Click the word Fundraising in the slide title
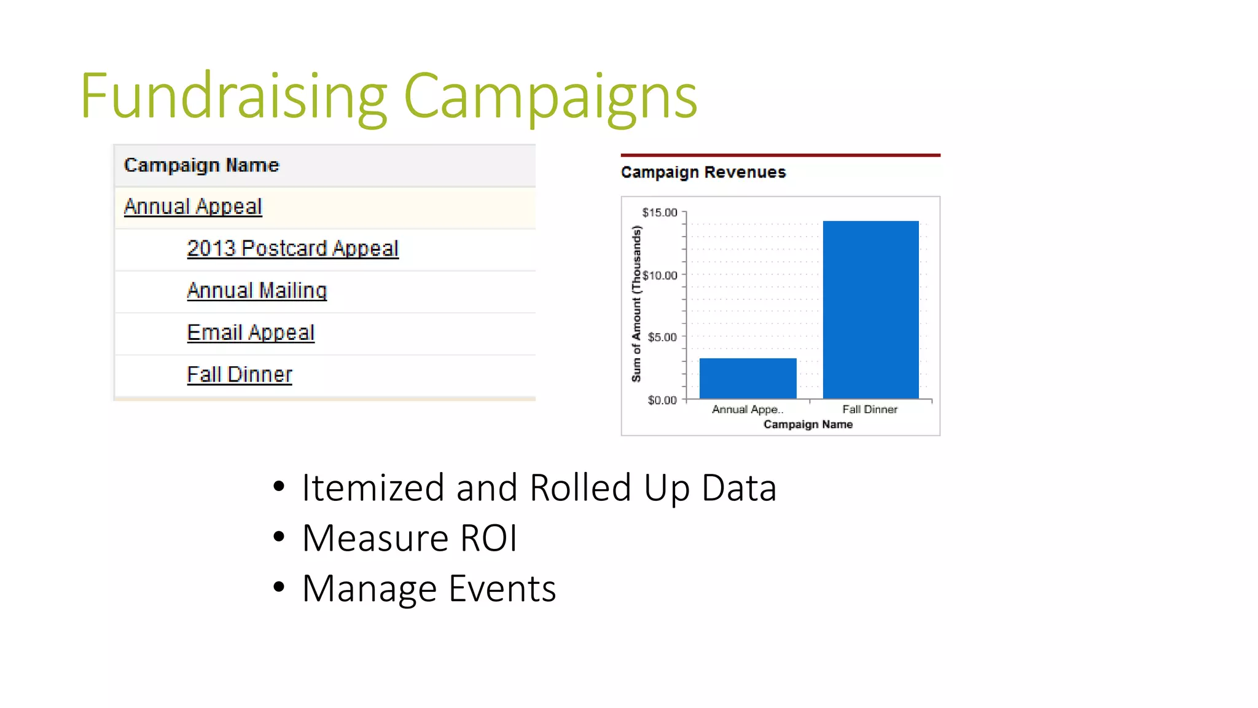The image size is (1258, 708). point(233,96)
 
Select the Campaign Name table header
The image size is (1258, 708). point(201,165)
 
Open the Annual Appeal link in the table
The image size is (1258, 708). point(193,206)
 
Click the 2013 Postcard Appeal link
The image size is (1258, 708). point(292,248)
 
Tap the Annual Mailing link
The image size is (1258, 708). point(257,290)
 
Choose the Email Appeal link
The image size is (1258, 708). point(251,332)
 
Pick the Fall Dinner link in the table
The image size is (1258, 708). point(240,374)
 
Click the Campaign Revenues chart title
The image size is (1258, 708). point(703,172)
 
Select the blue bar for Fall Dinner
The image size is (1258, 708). point(870,309)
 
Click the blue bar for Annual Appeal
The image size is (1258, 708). point(748,378)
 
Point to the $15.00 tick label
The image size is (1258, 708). point(659,213)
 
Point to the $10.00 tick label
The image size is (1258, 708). point(660,275)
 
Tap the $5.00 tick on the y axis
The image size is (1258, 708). point(662,337)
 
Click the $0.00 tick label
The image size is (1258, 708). point(662,400)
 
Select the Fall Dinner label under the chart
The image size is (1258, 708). point(869,409)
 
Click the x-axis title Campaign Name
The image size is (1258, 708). point(808,425)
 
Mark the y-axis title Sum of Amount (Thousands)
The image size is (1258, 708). point(636,304)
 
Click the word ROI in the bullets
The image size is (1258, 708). point(488,538)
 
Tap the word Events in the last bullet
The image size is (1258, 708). point(502,589)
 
